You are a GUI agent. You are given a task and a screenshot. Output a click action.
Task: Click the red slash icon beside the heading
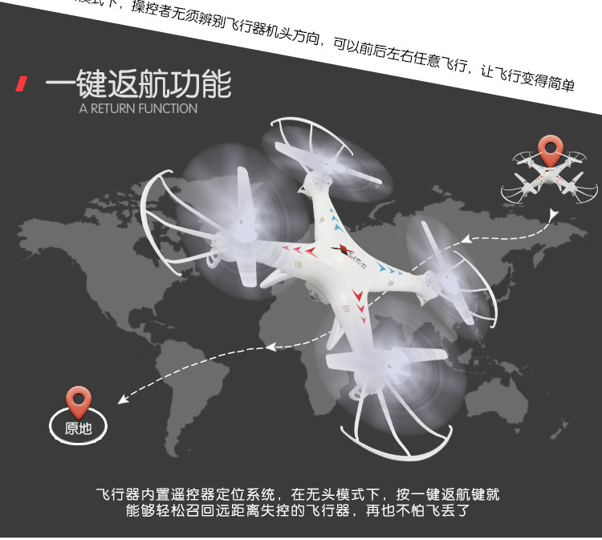click(x=22, y=84)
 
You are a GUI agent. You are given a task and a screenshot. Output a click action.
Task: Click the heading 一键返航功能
click(x=138, y=83)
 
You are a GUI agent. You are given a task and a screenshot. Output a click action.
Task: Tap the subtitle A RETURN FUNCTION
click(x=138, y=108)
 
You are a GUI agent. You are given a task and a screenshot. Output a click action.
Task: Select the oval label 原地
click(x=79, y=428)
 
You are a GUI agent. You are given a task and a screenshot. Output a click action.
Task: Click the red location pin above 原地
click(x=79, y=398)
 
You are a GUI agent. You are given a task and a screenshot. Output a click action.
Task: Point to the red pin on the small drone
click(x=549, y=149)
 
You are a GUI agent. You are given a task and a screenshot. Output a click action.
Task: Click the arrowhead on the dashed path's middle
click(x=270, y=347)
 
